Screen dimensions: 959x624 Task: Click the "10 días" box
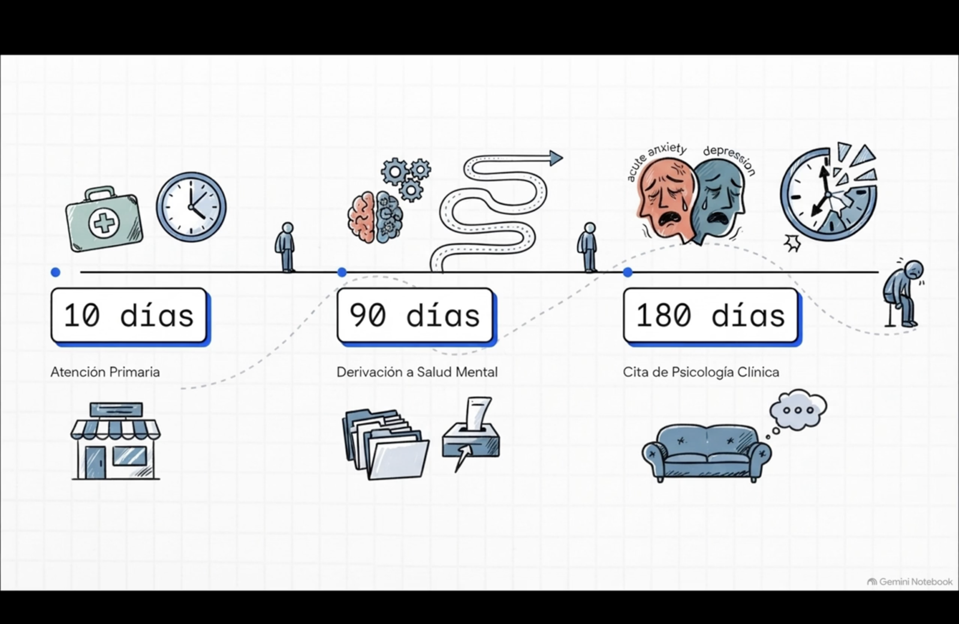pos(129,316)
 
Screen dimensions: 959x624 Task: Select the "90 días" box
pos(416,316)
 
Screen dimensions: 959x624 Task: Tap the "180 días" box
pos(711,316)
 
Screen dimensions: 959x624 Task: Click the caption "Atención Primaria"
pos(105,372)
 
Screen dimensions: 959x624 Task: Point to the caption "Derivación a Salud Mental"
pos(417,372)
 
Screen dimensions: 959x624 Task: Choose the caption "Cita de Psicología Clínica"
pos(701,372)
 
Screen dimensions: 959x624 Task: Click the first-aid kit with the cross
pos(104,219)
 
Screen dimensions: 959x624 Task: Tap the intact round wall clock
pos(191,207)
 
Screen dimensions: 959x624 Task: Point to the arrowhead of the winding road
pos(556,158)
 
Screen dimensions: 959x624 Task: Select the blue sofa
pos(707,453)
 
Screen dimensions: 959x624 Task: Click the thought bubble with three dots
pos(798,410)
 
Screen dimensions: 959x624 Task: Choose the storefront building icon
pos(116,441)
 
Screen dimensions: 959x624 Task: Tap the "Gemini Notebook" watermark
pos(910,581)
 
